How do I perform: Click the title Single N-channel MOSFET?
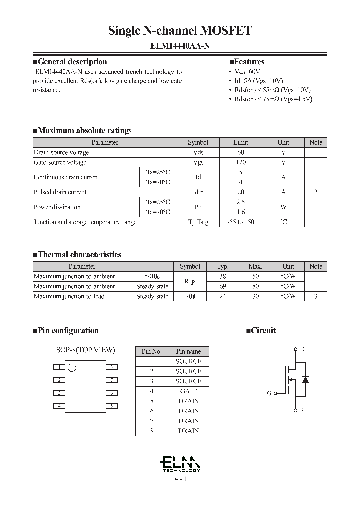pos(180,31)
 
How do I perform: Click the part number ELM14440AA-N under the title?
pos(180,45)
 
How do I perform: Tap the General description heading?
pos(70,62)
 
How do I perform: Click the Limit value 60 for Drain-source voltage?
pos(241,152)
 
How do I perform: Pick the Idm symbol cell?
pos(198,192)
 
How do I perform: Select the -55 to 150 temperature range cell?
pos(241,222)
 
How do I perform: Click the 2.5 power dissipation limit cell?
pos(241,202)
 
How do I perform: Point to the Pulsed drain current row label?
pos(60,192)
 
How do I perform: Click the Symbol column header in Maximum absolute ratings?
pos(198,142)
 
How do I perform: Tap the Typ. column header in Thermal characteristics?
pos(223,267)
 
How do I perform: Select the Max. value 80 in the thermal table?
pos(255,286)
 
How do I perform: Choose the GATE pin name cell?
pos(188,391)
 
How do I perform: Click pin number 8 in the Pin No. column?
pos(152,431)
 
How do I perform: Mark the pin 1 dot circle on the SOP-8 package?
pos(71,368)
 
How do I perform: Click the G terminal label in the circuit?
pos(269,393)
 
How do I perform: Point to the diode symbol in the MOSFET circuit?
pos(306,379)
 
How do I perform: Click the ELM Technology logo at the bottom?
pos(181,463)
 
